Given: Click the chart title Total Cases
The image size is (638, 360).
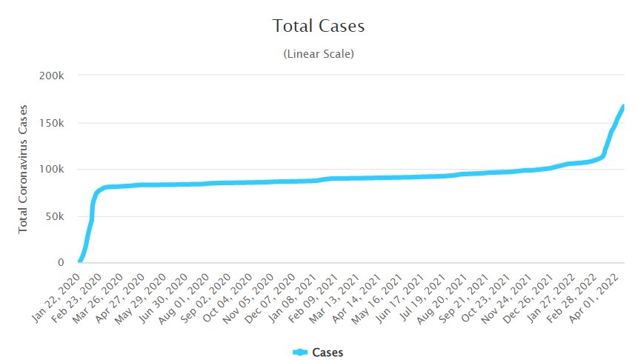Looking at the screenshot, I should (319, 26).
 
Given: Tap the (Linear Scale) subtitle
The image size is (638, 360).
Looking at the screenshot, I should (319, 54).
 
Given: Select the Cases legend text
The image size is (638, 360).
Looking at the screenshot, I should (328, 352).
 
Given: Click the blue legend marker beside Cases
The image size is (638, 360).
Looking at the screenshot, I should (300, 352).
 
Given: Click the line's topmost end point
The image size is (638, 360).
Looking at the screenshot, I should (623, 106).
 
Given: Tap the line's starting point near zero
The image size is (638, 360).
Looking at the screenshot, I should (79, 261).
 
